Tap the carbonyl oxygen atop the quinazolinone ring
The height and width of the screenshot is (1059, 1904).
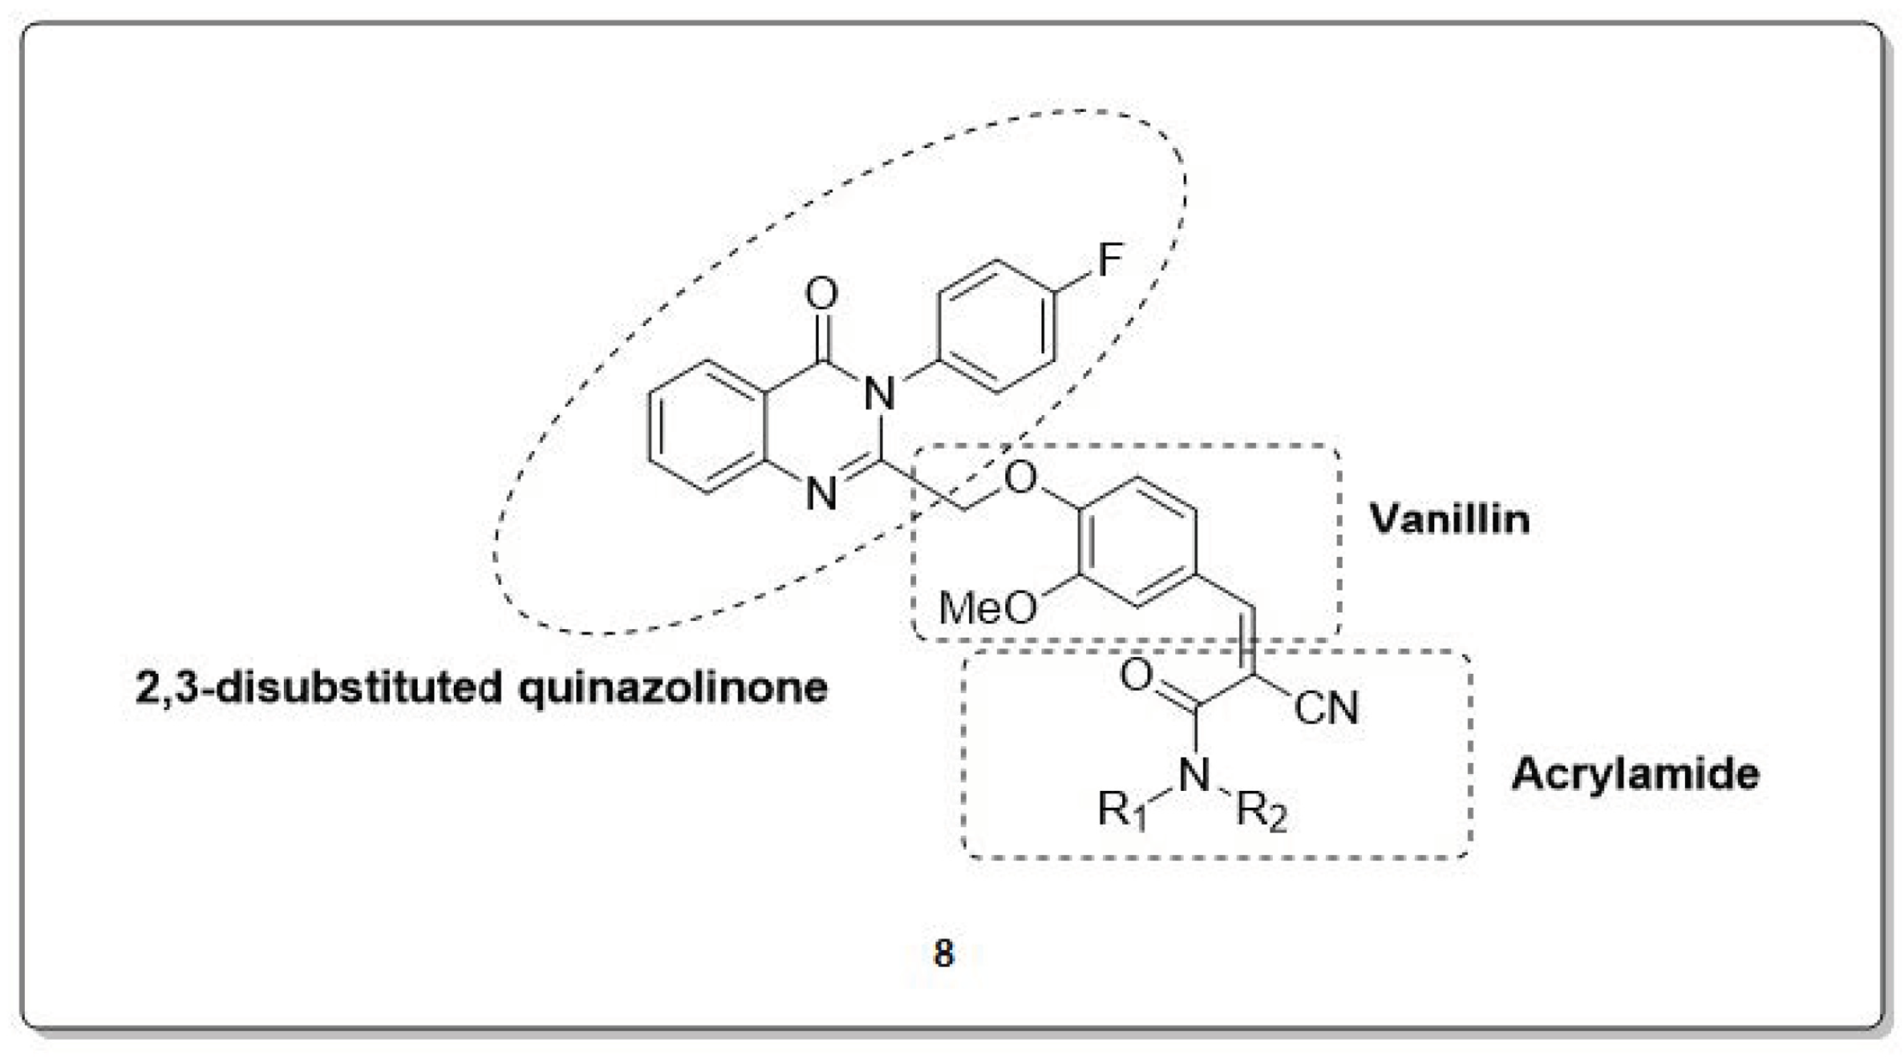[x=821, y=294]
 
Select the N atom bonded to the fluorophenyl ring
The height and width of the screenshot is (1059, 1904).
[x=879, y=394]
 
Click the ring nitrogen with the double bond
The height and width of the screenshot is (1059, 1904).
[x=821, y=493]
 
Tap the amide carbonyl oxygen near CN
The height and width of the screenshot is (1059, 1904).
[x=1137, y=674]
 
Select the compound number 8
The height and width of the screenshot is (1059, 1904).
[x=944, y=954]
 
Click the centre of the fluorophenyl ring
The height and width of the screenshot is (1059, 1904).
[x=996, y=326]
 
